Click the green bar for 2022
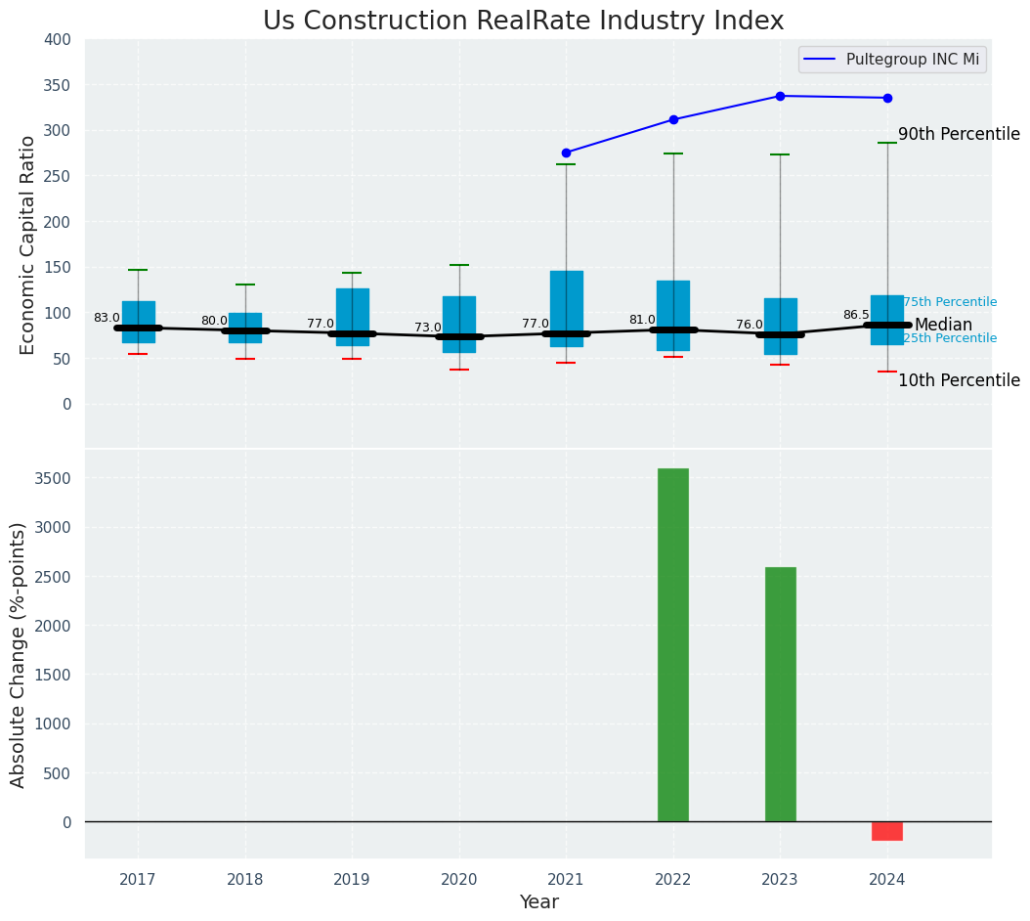[672, 645]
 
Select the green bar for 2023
[780, 694]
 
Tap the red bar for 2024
[886, 831]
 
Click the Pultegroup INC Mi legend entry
[891, 60]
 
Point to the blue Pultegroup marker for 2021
[566, 153]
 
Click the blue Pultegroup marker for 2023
[780, 96]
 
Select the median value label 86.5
[856, 315]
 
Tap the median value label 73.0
[427, 328]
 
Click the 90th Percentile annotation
[958, 135]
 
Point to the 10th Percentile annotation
[958, 381]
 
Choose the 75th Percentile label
[950, 302]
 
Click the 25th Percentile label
[950, 338]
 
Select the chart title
[523, 22]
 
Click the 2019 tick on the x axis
[352, 880]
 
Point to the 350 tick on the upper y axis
[58, 85]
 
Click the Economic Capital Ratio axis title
[27, 244]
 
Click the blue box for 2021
[566, 309]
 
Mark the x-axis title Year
[538, 902]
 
